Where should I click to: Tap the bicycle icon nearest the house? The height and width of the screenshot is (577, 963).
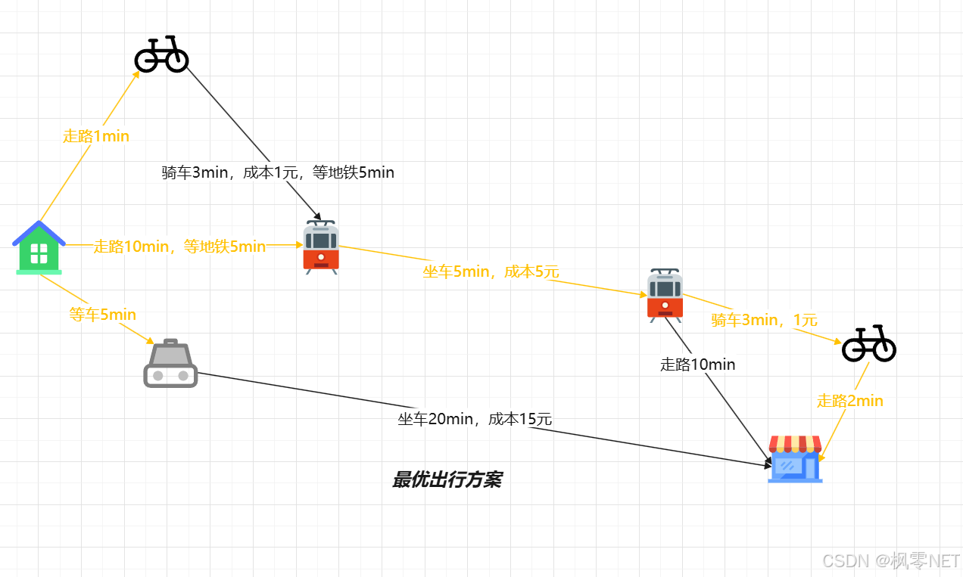coord(161,54)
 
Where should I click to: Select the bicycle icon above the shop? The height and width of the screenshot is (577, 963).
coord(869,344)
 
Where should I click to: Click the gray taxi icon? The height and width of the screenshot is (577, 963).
coord(170,364)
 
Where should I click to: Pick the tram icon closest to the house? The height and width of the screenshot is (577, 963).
coord(321,247)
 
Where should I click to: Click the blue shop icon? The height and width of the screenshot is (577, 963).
coord(795,459)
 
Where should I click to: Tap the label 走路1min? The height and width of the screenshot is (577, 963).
coord(96,136)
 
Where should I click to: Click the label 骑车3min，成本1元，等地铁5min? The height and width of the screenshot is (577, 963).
coord(278,172)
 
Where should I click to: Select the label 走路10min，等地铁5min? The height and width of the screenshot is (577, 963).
coord(179,247)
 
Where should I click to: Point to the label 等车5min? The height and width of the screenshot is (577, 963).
coord(103,314)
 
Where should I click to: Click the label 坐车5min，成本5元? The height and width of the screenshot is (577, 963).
coord(491,271)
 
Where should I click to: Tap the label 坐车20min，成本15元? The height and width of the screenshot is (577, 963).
coord(475,419)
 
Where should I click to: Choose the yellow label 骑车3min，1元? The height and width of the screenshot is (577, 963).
coord(764,320)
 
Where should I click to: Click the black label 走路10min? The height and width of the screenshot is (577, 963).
coord(697,365)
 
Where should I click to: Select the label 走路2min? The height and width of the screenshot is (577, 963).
coord(850,401)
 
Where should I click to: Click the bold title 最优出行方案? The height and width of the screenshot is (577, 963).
coord(447,480)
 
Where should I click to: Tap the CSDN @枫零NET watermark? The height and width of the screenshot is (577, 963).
coord(890,560)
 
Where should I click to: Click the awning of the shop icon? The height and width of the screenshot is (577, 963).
coord(795,443)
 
